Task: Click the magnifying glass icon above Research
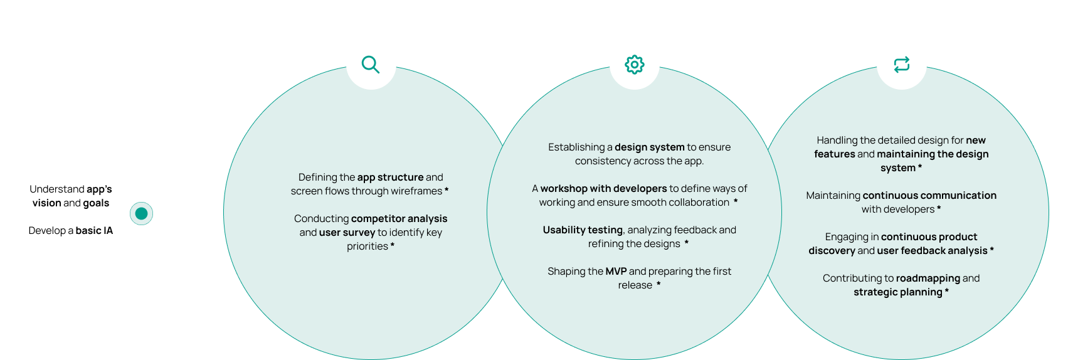pos(371,65)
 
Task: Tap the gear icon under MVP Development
pos(634,65)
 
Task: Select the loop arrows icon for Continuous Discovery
pos(901,65)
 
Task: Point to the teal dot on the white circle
pos(141,214)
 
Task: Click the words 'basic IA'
pos(94,231)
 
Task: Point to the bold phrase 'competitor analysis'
pos(399,219)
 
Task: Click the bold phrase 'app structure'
pos(390,177)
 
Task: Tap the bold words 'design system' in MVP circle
pos(649,147)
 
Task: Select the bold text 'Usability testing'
pos(583,230)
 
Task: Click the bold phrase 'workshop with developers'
pos(603,189)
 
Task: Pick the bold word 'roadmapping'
pos(928,278)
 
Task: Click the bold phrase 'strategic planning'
pos(897,292)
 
